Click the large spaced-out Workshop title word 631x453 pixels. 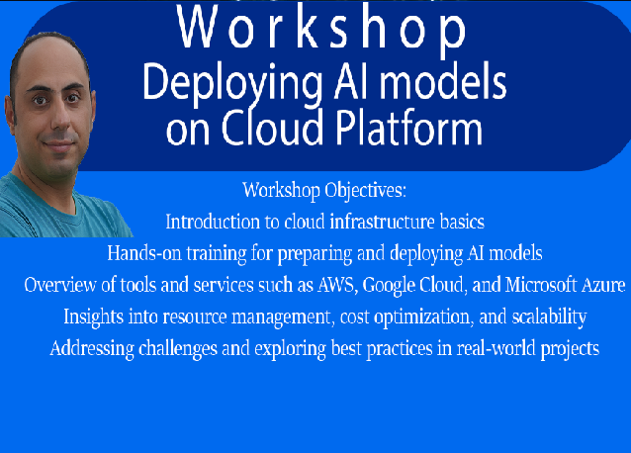[x=321, y=29]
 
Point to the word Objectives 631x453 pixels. [x=365, y=190]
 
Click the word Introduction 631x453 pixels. [x=213, y=222]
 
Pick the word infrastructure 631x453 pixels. [x=383, y=222]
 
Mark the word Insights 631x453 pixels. [x=93, y=317]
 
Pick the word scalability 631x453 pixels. [x=549, y=317]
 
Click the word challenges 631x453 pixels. [x=178, y=349]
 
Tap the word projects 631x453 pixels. [x=570, y=349]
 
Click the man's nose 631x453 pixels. [x=59, y=120]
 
